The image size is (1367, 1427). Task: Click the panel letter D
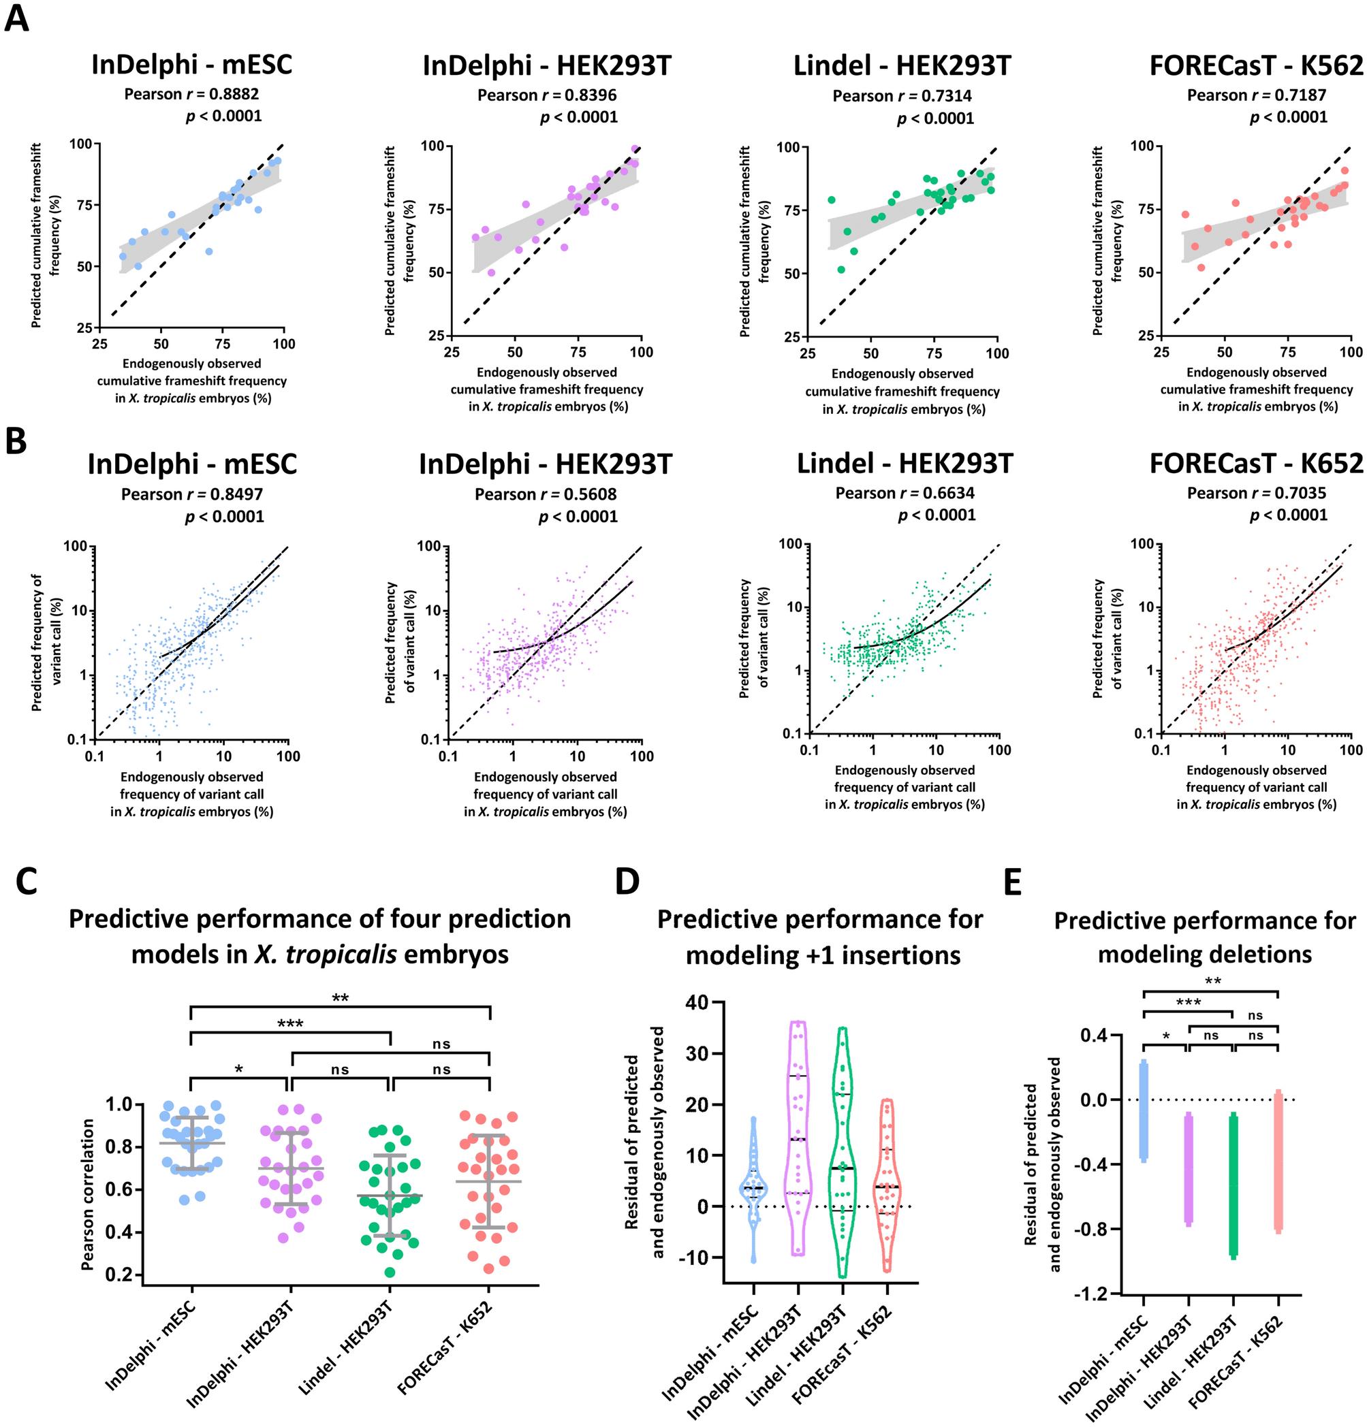click(627, 882)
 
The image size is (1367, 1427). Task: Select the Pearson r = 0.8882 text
click(191, 94)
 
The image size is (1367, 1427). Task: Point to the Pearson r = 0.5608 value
click(546, 494)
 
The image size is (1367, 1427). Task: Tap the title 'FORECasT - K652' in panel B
click(1256, 463)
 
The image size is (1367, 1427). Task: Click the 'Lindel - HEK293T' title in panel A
click(902, 65)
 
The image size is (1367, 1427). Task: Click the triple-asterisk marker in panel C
click(290, 1025)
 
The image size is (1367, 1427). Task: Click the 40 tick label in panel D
click(697, 1003)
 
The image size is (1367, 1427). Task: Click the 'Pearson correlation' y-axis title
click(88, 1195)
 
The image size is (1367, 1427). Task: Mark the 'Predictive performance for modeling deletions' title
click(1205, 937)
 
